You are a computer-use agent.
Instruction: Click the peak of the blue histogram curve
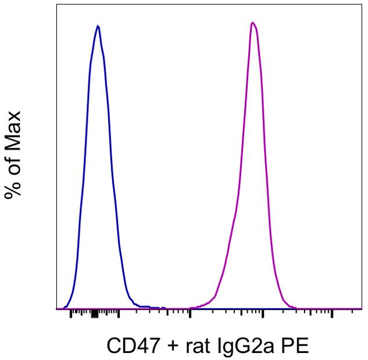click(98, 26)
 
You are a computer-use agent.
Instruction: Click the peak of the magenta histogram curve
click(252, 23)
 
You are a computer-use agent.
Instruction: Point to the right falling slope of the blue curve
click(115, 174)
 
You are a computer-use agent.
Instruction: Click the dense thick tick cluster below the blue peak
click(94, 315)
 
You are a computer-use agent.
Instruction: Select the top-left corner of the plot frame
click(56, 5)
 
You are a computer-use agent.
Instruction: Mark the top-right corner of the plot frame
click(362, 5)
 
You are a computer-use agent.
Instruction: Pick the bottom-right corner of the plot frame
click(362, 309)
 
